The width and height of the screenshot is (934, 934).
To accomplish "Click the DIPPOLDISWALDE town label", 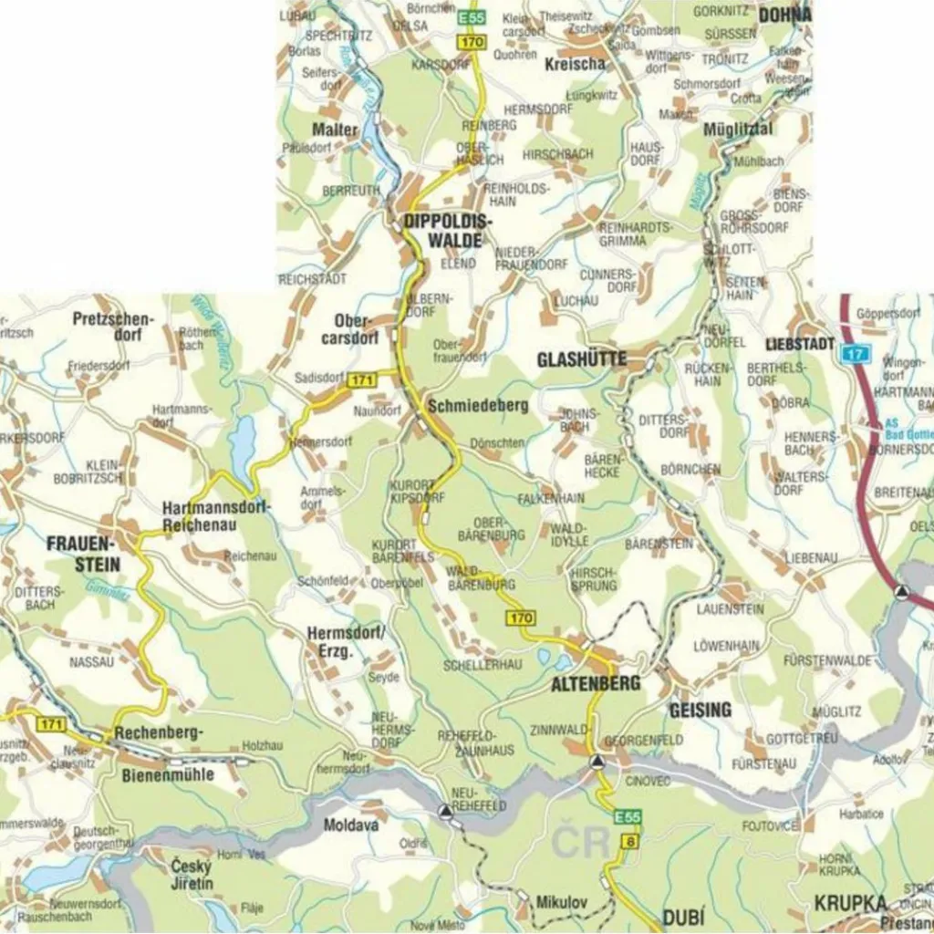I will click(x=447, y=231).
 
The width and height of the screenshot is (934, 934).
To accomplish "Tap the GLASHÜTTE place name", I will click(x=581, y=359).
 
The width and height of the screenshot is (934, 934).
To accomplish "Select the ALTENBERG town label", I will click(x=595, y=683).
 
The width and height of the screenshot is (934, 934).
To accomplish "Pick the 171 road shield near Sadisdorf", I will click(x=362, y=380).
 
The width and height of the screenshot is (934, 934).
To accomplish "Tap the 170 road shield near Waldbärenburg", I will click(x=521, y=619).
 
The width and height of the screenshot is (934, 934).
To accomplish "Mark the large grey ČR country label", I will click(x=582, y=841).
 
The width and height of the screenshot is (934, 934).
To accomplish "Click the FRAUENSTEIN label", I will click(x=84, y=555).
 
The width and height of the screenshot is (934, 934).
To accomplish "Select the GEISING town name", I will click(x=700, y=709).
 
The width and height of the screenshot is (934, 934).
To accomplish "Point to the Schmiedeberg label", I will click(x=477, y=406).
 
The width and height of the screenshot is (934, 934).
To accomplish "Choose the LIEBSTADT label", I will click(x=800, y=344).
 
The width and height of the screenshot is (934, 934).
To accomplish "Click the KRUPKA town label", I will click(x=850, y=902).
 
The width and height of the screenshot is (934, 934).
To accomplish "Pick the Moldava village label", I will click(x=351, y=825).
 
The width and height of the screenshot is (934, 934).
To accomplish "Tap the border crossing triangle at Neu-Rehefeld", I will click(x=444, y=810).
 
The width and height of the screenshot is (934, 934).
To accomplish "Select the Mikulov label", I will click(x=561, y=901).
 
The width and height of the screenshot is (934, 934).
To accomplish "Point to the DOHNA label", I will click(x=784, y=14).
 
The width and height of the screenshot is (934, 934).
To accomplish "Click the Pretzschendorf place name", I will click(x=114, y=327).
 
